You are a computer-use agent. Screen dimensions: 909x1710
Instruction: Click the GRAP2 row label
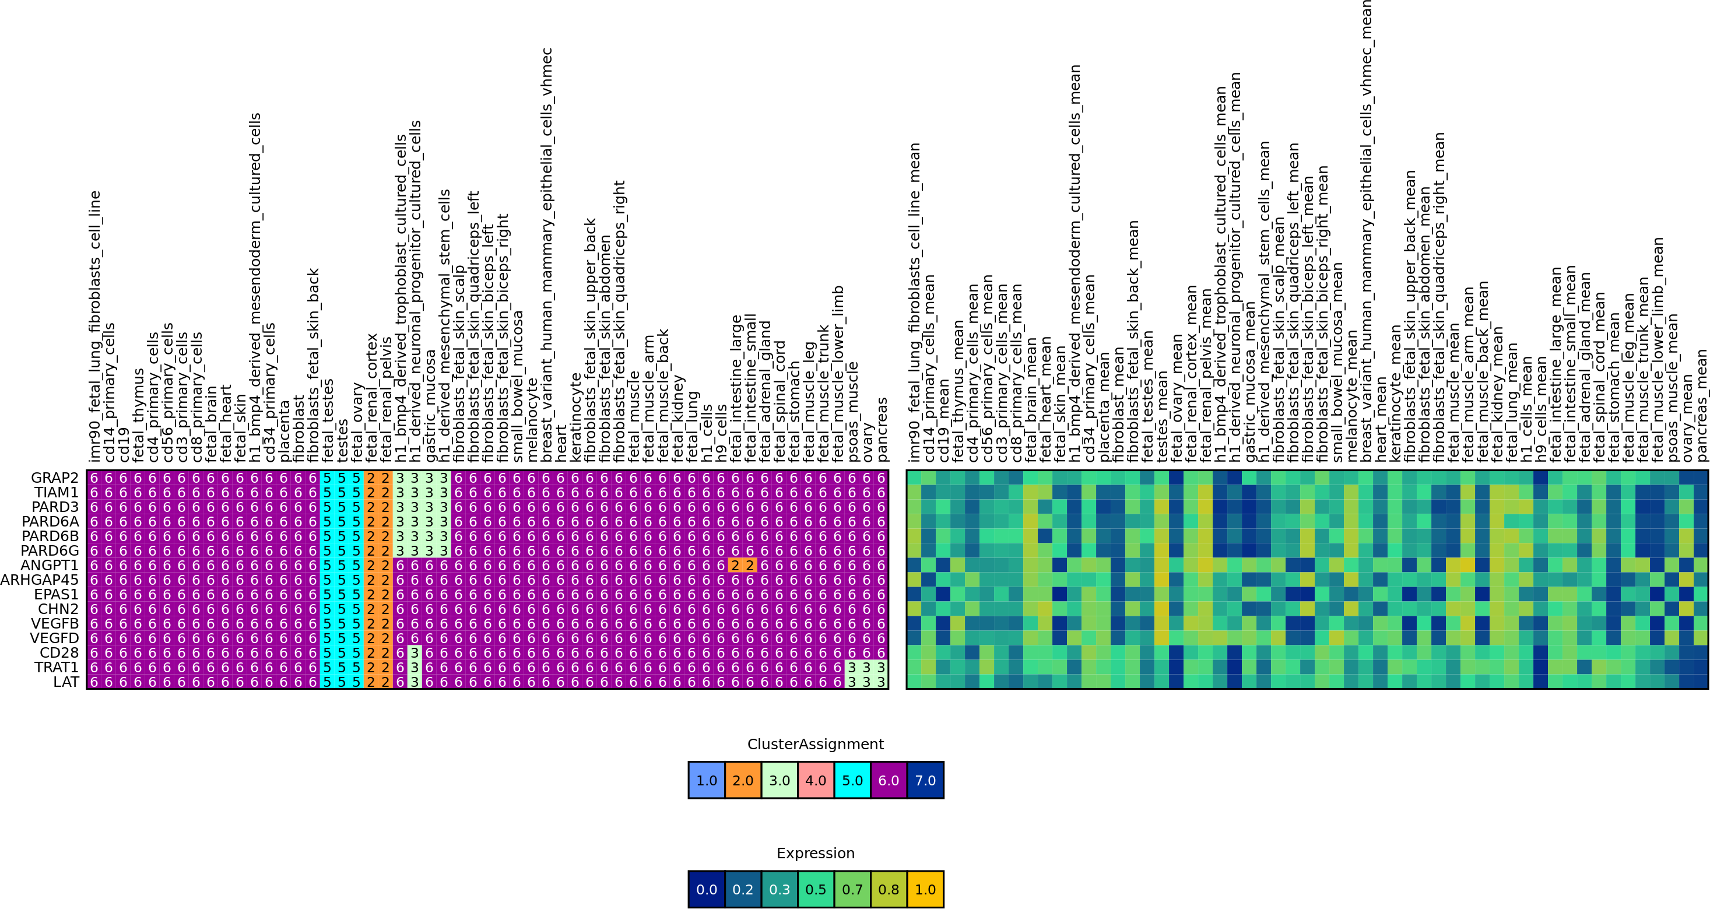pyautogui.click(x=54, y=478)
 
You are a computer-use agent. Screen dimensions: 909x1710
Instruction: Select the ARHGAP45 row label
pyautogui.click(x=39, y=580)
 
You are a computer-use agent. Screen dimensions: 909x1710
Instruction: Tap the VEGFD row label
pyautogui.click(x=54, y=638)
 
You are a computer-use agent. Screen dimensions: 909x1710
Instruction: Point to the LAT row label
pyautogui.click(x=66, y=682)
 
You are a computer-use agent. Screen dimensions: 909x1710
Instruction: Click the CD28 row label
pyautogui.click(x=59, y=652)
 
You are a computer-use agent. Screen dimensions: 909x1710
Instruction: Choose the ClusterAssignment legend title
pyautogui.click(x=815, y=745)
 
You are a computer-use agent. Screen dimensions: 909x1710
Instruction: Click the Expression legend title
pyautogui.click(x=815, y=853)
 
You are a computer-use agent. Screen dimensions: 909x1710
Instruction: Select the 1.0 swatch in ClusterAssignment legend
pyautogui.click(x=706, y=780)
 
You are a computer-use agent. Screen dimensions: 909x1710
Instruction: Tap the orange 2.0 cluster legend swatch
pyautogui.click(x=743, y=780)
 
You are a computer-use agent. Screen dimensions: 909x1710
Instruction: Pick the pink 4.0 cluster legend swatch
pyautogui.click(x=816, y=780)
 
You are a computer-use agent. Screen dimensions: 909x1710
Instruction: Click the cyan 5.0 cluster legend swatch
pyautogui.click(x=852, y=780)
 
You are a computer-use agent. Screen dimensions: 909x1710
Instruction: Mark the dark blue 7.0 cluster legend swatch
pyautogui.click(x=925, y=780)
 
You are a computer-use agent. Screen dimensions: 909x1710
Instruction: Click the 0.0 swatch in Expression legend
pyautogui.click(x=706, y=889)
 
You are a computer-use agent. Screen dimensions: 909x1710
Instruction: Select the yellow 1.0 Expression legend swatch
pyautogui.click(x=925, y=889)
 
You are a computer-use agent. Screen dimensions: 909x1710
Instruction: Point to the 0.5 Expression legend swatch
pyautogui.click(x=816, y=889)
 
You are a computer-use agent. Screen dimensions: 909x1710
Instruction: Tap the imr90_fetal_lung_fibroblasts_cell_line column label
pyautogui.click(x=95, y=325)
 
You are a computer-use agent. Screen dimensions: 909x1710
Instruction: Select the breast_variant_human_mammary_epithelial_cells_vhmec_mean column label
pyautogui.click(x=1365, y=229)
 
